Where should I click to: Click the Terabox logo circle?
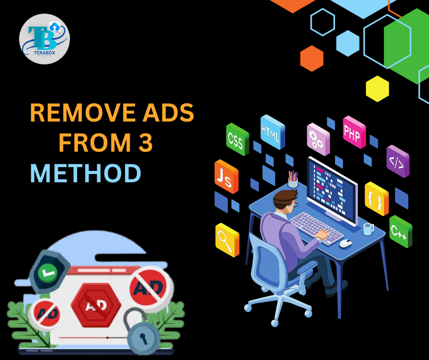pos(44,38)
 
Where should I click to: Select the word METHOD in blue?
pos(85,174)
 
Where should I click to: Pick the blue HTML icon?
pos(272,132)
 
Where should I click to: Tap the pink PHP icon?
pos(354,132)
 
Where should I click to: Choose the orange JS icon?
pos(226,176)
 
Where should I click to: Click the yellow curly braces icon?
pos(377,199)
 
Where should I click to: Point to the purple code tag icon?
pos(398,161)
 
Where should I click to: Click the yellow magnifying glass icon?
pos(227,239)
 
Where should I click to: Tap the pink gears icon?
pos(318,136)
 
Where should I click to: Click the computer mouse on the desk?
pos(345,243)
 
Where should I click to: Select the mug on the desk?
pos(368,229)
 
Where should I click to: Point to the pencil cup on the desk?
pos(293,181)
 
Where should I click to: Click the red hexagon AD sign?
pos(95,304)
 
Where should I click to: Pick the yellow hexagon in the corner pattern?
pos(377,89)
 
